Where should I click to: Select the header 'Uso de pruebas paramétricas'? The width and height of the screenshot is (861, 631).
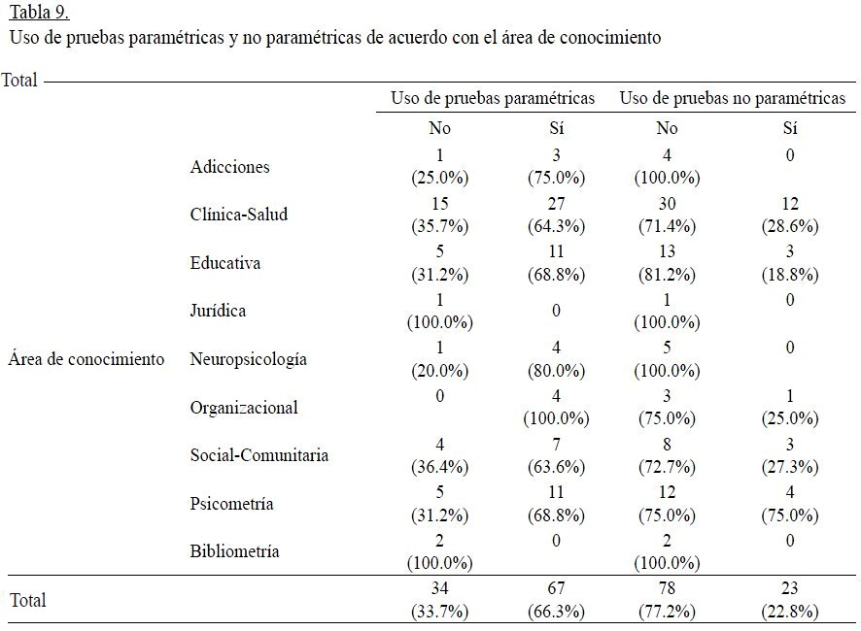tap(493, 98)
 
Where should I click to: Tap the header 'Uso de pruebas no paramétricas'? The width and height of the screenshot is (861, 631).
tap(732, 98)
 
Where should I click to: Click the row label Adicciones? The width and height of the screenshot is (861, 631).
tap(230, 167)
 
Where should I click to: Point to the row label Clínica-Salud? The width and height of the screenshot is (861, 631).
tap(239, 215)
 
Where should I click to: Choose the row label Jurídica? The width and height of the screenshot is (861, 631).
tap(219, 311)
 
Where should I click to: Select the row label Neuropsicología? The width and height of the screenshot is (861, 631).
tap(249, 359)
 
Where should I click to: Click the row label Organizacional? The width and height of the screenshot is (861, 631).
tap(244, 407)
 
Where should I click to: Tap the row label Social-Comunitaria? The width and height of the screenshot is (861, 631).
tap(259, 455)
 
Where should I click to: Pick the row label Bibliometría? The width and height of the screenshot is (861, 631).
tap(235, 551)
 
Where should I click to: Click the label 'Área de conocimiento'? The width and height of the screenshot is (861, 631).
tap(86, 359)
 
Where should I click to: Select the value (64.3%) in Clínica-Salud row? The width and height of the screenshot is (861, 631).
tap(556, 226)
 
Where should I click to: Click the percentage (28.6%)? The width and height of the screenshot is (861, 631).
tap(789, 226)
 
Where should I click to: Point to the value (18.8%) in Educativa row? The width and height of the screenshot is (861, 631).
tap(789, 275)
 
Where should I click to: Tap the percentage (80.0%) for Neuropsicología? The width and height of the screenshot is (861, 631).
tap(556, 371)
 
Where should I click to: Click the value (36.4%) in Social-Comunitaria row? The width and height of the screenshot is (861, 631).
tap(440, 467)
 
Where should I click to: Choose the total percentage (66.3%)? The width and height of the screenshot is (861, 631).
tap(556, 612)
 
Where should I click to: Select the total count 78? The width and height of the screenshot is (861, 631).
tap(667, 588)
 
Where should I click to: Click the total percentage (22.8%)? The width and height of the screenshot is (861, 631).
tap(789, 612)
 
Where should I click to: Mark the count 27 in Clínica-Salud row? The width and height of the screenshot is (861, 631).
tap(556, 203)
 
